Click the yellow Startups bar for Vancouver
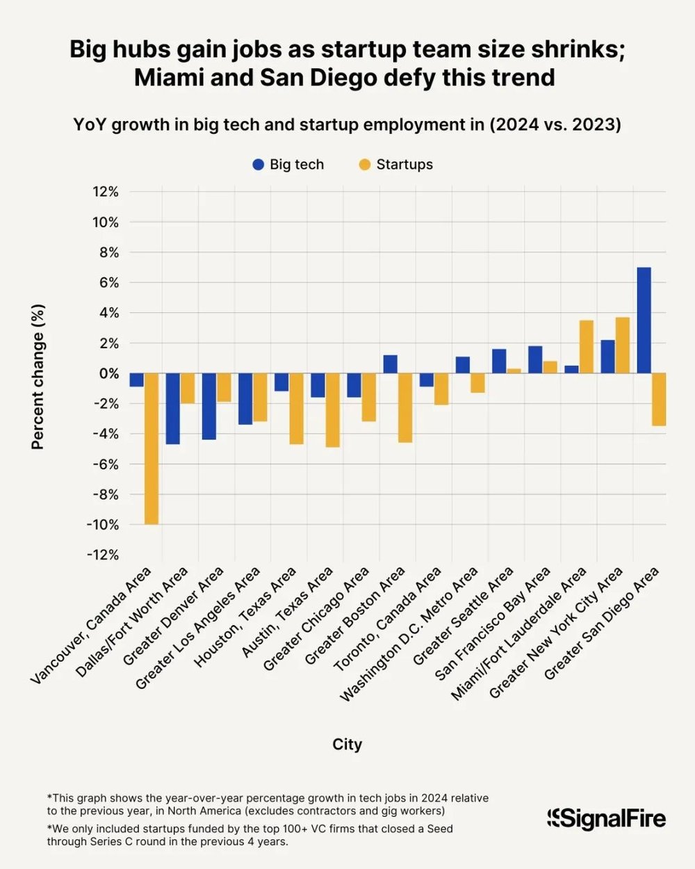click(151, 448)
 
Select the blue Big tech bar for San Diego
click(644, 320)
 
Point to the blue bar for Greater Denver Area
click(208, 407)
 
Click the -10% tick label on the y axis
click(102, 525)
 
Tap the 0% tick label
click(108, 373)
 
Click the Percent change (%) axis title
click(38, 377)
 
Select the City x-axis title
click(347, 745)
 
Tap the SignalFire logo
click(606, 818)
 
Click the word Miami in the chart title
click(165, 77)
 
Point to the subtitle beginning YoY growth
click(347, 125)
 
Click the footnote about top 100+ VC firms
click(250, 835)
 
